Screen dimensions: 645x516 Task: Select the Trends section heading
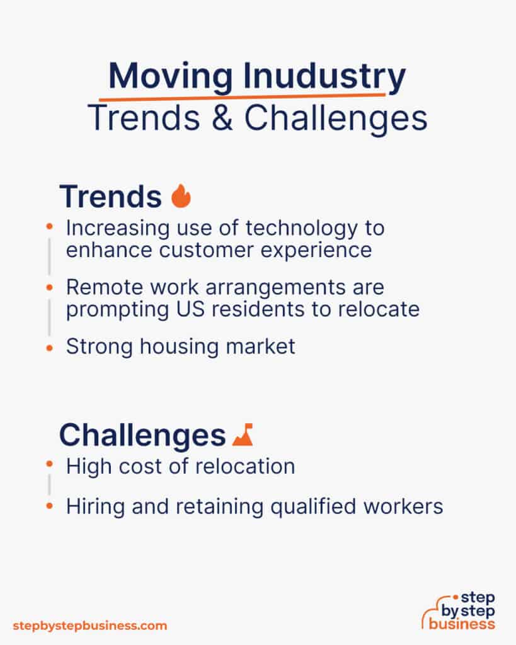click(110, 197)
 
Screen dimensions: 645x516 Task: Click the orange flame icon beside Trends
click(181, 197)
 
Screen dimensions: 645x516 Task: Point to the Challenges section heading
click(142, 435)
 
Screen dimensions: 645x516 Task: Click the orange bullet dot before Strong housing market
click(50, 347)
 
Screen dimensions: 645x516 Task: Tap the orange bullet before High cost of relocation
click(50, 465)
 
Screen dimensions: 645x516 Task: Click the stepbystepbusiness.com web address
click(90, 625)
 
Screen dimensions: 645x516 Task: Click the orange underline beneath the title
click(242, 98)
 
